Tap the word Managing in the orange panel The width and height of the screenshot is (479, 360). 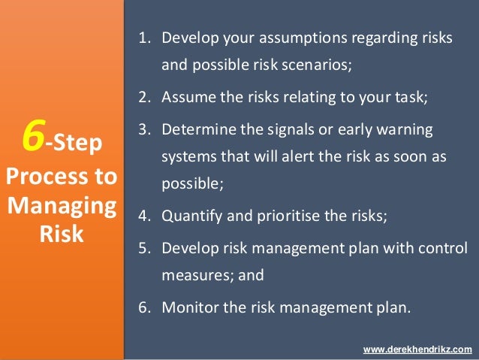tap(62, 206)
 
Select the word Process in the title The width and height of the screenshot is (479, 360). tap(37, 178)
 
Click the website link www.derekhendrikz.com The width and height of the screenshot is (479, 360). tap(417, 350)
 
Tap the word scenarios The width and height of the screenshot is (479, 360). tap(310, 65)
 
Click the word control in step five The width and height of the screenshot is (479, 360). tap(446, 248)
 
